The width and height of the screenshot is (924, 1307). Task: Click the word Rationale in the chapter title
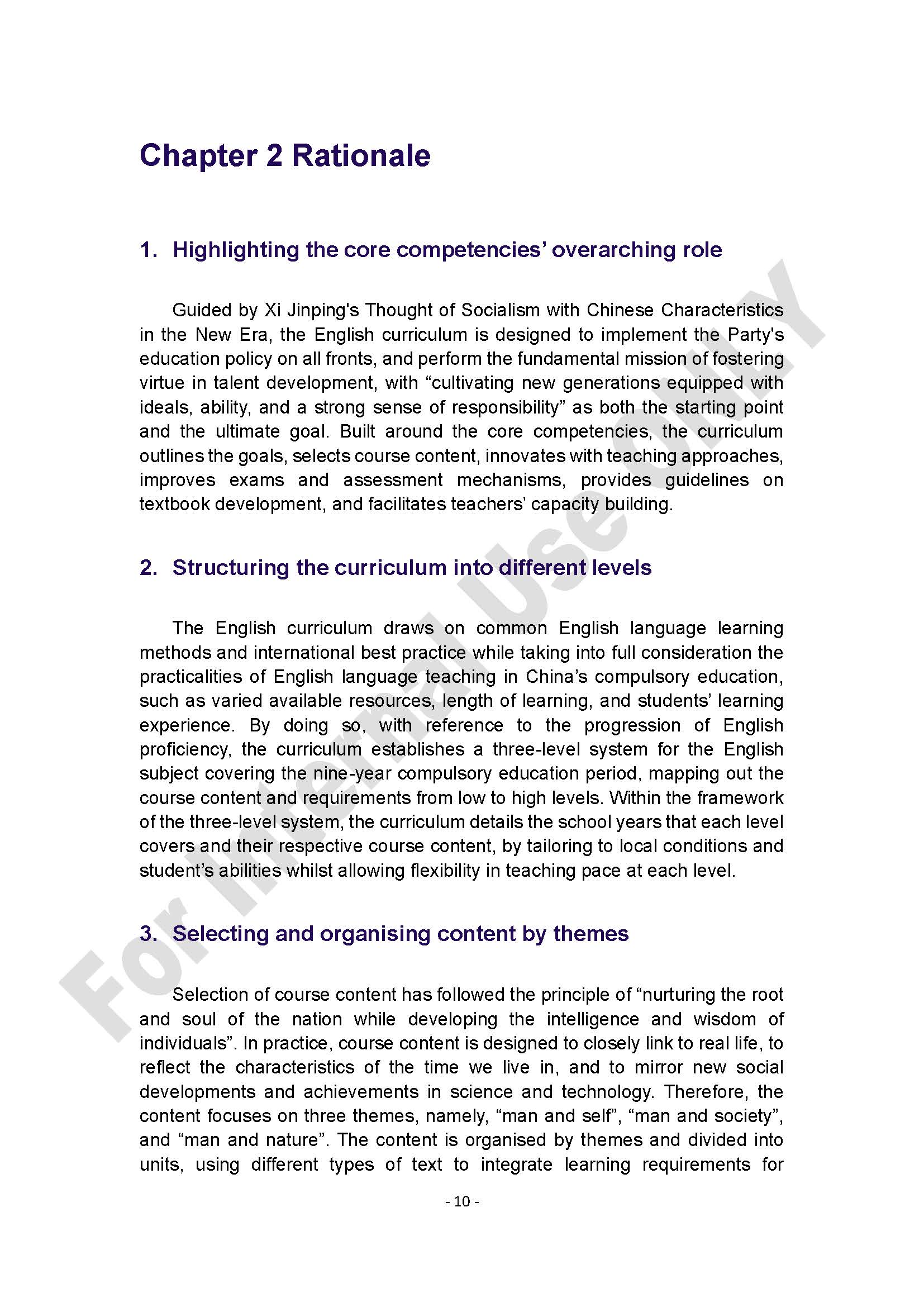tap(361, 155)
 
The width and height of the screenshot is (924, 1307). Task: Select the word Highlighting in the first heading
tap(236, 250)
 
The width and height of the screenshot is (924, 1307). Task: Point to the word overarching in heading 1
tap(609, 250)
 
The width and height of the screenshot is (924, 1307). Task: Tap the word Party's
tap(756, 335)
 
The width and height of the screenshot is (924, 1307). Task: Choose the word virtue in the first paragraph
tap(161, 383)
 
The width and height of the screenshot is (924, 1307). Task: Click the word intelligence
tap(592, 1019)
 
